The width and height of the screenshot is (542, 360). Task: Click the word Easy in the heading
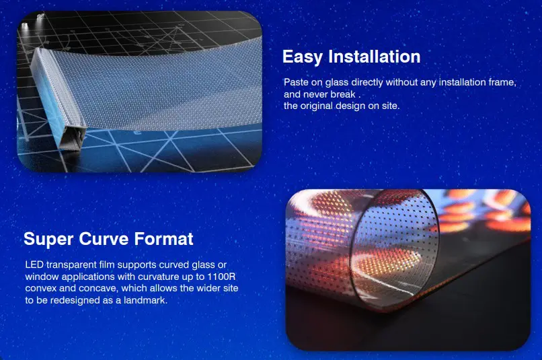click(x=303, y=57)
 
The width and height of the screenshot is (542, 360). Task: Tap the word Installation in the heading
click(x=375, y=57)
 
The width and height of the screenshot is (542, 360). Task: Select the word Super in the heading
click(x=48, y=240)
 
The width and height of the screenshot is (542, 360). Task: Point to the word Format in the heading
click(x=163, y=239)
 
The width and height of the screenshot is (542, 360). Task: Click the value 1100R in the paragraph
click(x=221, y=277)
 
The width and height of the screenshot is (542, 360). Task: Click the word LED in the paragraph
click(x=34, y=265)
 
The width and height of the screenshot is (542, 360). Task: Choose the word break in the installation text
click(x=343, y=94)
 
